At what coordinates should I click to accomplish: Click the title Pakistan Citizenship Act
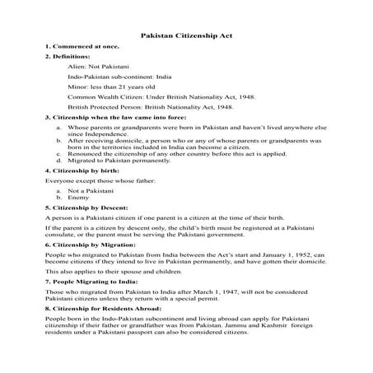(x=186, y=36)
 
